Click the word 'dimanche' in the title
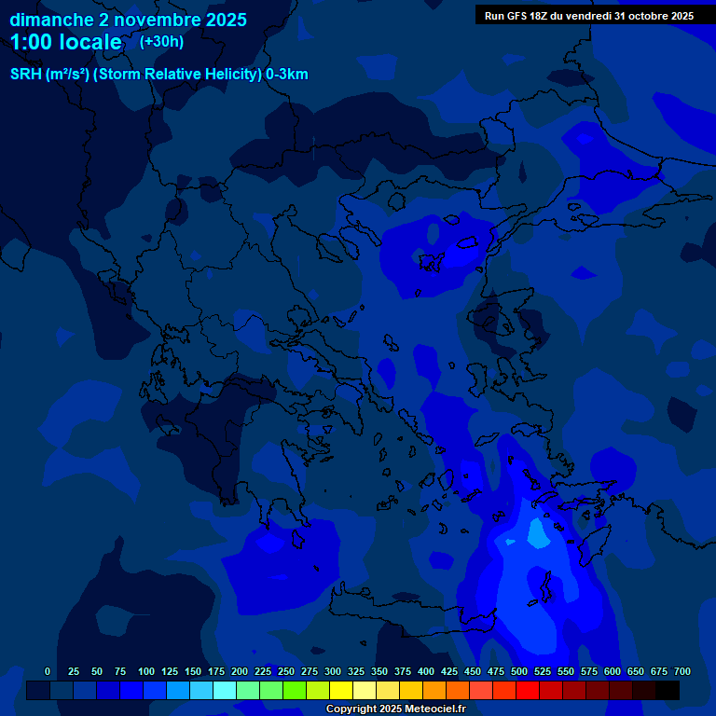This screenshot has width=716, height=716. click(51, 20)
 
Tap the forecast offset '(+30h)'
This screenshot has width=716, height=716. click(161, 41)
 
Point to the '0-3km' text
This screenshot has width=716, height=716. click(287, 75)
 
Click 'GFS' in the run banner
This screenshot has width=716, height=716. click(517, 16)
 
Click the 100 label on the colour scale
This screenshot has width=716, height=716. click(146, 671)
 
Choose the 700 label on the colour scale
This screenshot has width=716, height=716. click(682, 671)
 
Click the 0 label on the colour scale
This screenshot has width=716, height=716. click(48, 671)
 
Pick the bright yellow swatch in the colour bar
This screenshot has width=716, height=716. click(341, 690)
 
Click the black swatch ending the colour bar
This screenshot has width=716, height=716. click(668, 690)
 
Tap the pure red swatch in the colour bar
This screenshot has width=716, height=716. click(528, 690)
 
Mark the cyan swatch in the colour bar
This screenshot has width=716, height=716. click(225, 690)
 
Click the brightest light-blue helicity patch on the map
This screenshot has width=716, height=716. click(538, 532)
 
